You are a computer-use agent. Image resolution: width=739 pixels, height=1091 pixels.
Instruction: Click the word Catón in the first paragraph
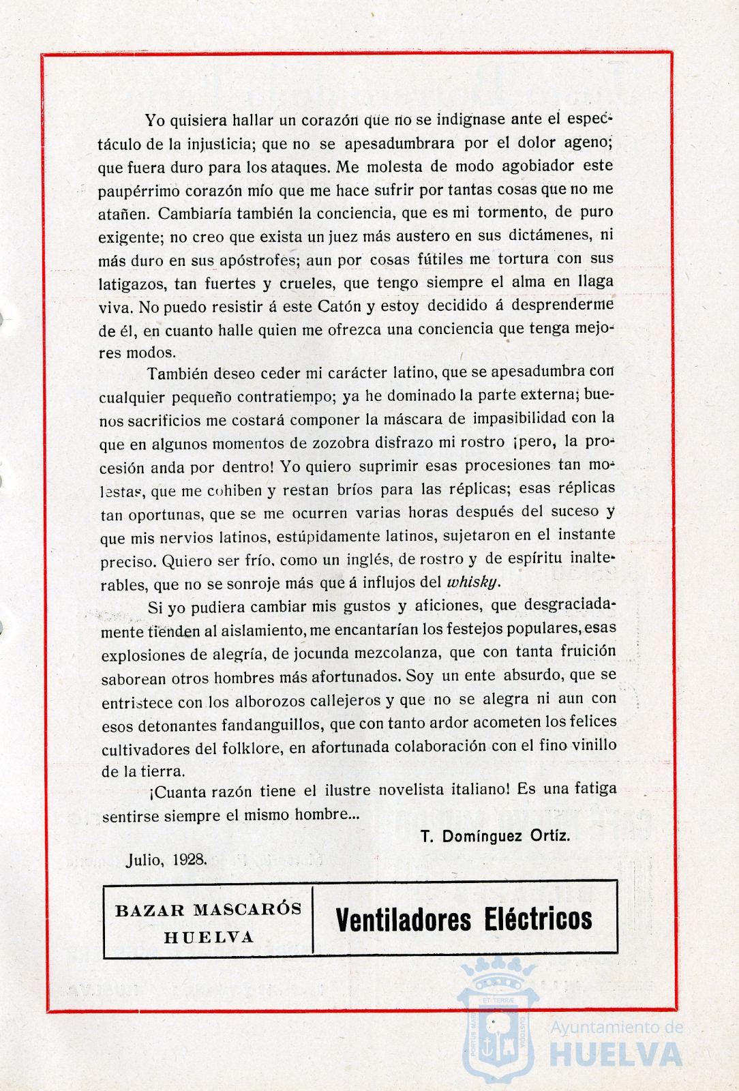point(340,306)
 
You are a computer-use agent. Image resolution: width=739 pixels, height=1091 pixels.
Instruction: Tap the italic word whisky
point(472,582)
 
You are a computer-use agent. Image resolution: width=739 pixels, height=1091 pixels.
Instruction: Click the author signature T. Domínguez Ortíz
point(495,836)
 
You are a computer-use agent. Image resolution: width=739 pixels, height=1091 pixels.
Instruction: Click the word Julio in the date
point(145,858)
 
